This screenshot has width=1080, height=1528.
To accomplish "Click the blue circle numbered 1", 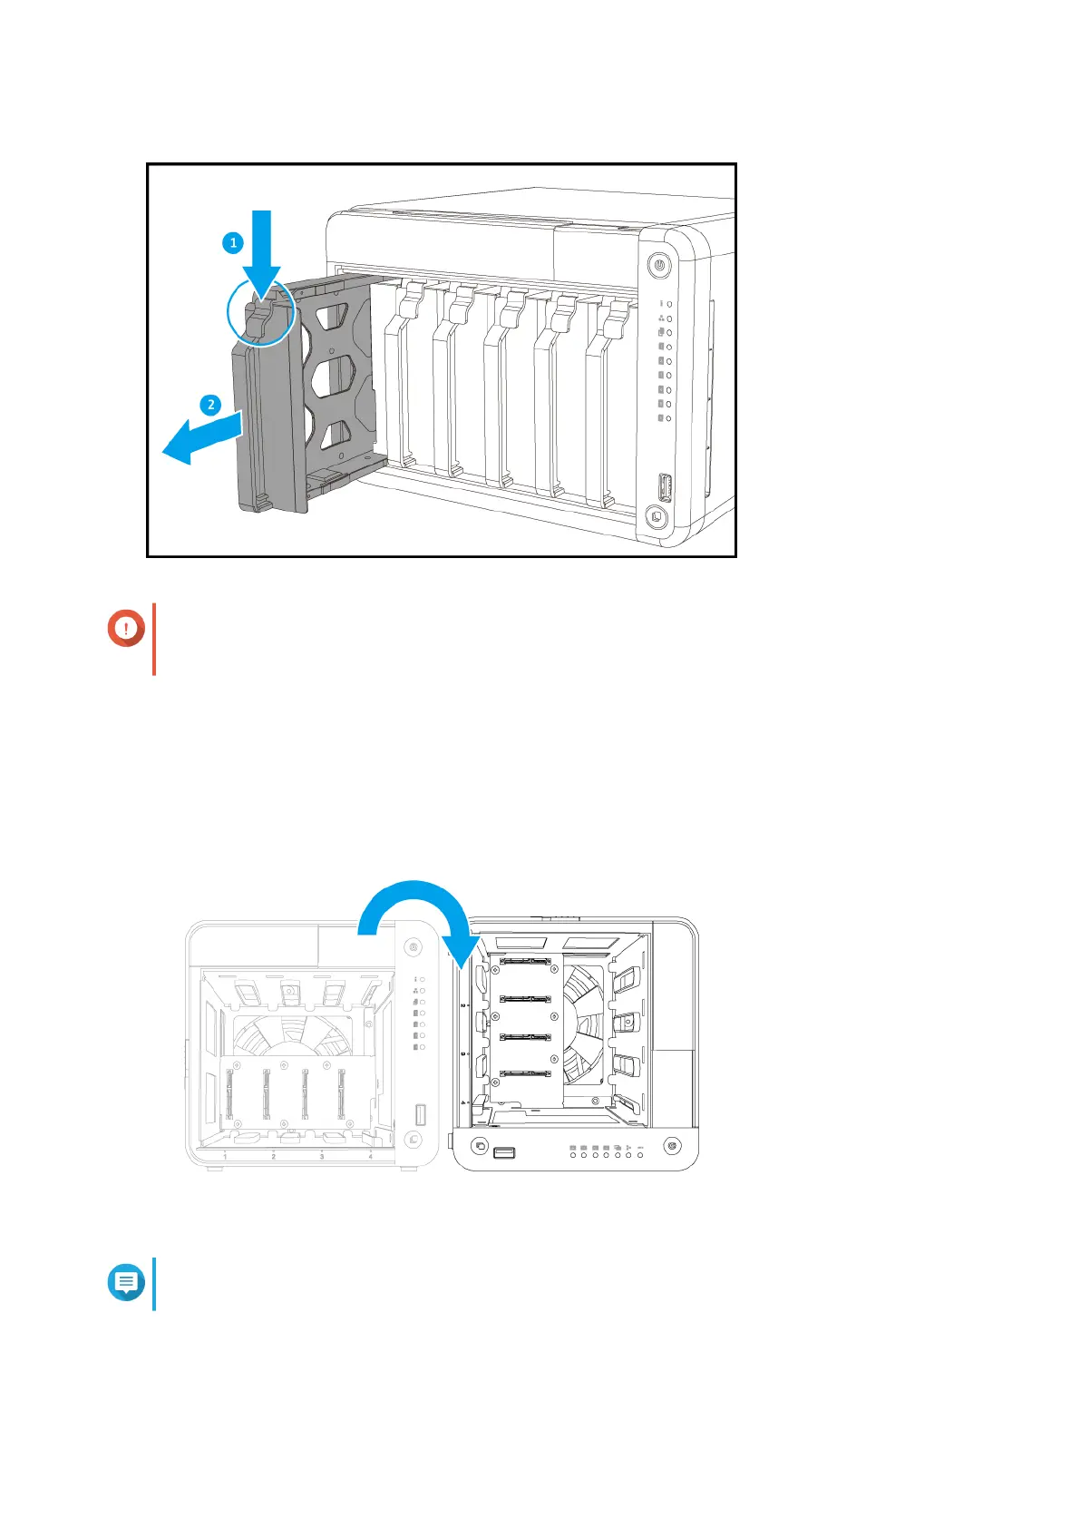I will click(233, 242).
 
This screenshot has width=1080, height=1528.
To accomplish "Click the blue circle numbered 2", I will click(210, 405).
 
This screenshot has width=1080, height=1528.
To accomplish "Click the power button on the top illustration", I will click(659, 267).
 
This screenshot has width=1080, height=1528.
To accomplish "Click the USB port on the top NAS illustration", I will click(663, 487).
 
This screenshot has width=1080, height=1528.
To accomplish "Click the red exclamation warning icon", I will click(126, 628).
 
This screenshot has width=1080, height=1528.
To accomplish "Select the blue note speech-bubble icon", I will click(126, 1283).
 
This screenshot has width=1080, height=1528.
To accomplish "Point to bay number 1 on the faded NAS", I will click(225, 1157).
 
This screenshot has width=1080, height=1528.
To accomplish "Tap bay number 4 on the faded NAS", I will click(370, 1157).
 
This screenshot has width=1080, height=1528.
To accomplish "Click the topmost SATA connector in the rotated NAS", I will click(525, 960).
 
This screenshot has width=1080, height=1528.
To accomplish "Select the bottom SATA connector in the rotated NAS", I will click(525, 1074).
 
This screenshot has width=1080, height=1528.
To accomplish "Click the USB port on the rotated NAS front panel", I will click(504, 1152).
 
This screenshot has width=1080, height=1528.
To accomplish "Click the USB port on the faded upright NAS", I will click(420, 1113).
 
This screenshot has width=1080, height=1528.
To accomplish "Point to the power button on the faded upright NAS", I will click(414, 946).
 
